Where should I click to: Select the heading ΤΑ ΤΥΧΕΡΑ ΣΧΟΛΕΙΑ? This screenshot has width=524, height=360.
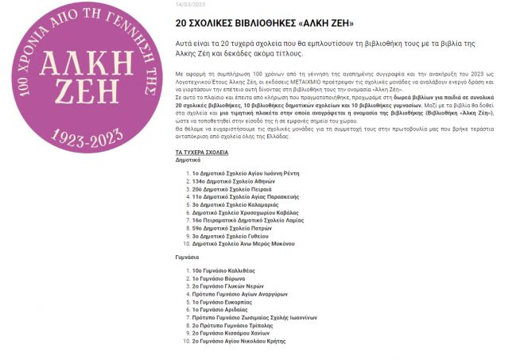(x=201, y=151)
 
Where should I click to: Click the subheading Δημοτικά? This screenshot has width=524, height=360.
(x=188, y=159)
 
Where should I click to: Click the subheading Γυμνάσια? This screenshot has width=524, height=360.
(x=188, y=257)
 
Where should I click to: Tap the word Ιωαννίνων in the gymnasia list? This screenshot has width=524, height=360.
(x=300, y=317)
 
